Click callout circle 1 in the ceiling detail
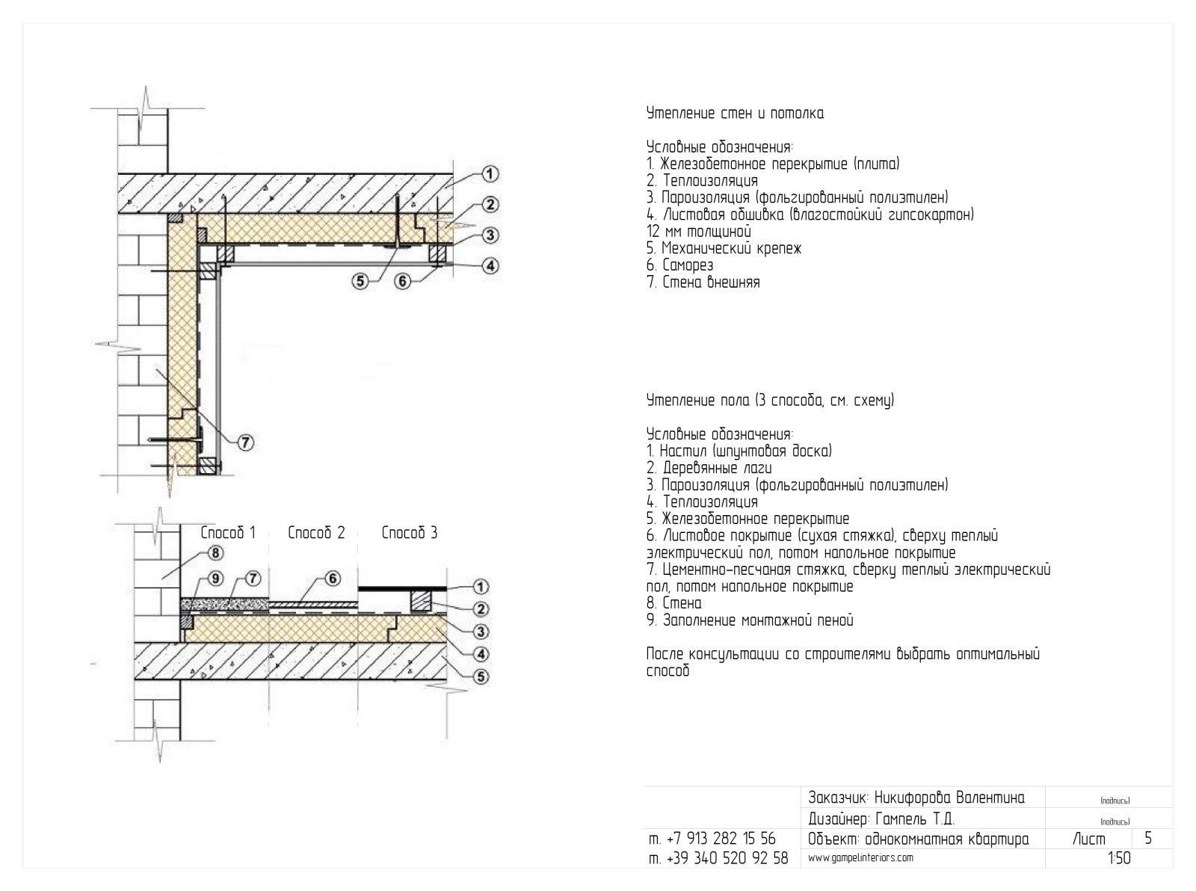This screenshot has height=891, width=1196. [489, 174]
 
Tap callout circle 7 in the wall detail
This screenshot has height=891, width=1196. [245, 443]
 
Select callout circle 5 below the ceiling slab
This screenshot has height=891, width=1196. [361, 280]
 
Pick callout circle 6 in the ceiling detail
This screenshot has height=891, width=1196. [402, 280]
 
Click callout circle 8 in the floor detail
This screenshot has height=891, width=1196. [215, 553]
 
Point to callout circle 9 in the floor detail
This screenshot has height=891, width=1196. [215, 579]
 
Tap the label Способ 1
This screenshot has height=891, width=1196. [227, 533]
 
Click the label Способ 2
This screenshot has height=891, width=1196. [316, 533]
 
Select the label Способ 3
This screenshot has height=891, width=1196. [410, 533]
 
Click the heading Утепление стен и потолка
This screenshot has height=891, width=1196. [735, 114]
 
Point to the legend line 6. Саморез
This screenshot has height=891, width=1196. [679, 265]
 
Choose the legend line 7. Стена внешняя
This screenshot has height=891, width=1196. [703, 282]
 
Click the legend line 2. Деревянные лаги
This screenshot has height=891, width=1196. [709, 468]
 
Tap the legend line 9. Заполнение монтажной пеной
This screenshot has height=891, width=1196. [750, 620]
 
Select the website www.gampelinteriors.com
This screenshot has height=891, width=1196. [860, 857]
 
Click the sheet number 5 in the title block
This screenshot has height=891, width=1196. [1148, 838]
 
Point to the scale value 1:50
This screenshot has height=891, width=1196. [1120, 858]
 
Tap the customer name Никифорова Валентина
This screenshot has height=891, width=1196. [949, 798]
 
